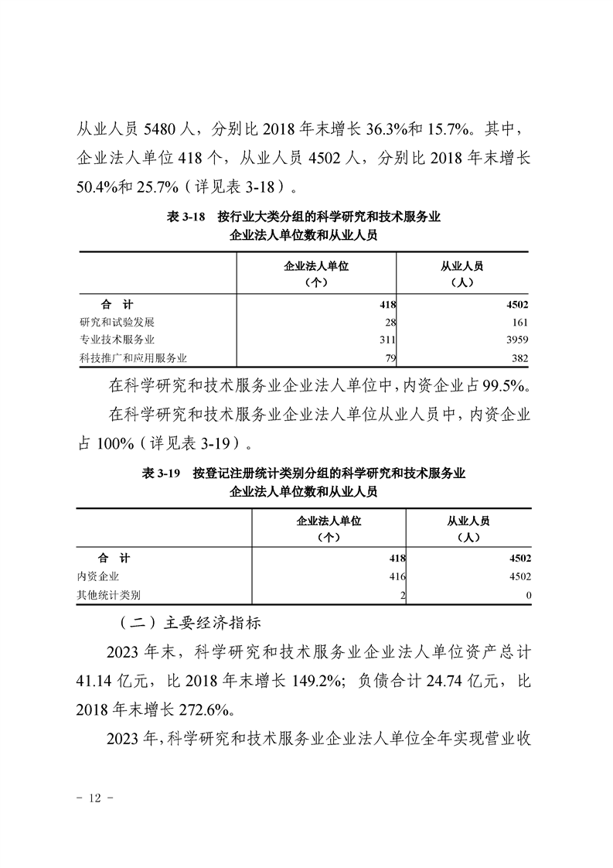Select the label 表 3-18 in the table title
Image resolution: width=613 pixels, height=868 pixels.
[x=186, y=218]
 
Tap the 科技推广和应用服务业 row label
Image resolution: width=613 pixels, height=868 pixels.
[x=134, y=357]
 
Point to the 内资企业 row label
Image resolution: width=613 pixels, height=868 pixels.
[x=98, y=576]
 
